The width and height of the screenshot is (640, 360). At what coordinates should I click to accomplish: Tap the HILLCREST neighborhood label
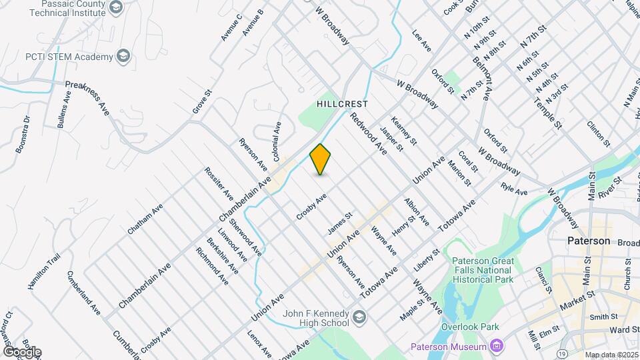click(343, 105)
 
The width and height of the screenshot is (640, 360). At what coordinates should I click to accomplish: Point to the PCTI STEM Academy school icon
click(123, 57)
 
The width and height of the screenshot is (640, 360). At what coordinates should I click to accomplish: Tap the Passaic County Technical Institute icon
click(116, 7)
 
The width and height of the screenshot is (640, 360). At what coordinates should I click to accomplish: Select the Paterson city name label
click(589, 240)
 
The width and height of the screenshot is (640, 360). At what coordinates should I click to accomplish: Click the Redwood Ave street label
click(369, 131)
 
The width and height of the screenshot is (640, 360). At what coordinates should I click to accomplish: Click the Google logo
click(22, 351)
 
